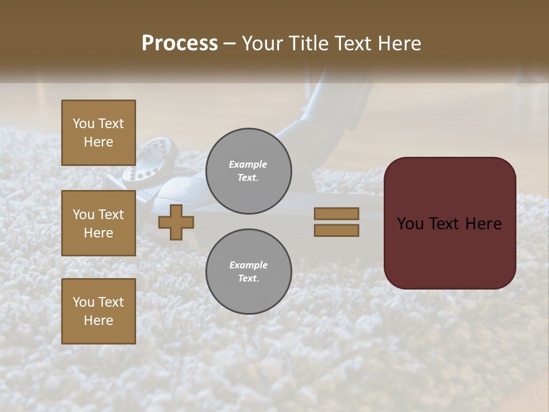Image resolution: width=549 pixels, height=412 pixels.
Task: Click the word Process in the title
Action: (x=180, y=43)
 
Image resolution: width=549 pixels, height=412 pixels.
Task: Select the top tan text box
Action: (x=98, y=133)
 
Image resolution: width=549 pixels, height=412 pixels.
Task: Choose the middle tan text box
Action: (x=98, y=223)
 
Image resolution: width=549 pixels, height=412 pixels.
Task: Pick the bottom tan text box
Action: (x=98, y=311)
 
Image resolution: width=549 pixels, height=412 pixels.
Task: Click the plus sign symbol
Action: (x=176, y=222)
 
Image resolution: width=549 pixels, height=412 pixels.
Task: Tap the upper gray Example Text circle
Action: (x=249, y=171)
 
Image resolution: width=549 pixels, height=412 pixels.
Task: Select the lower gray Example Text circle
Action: (x=249, y=272)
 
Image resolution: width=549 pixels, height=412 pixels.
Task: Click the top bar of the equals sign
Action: (x=336, y=213)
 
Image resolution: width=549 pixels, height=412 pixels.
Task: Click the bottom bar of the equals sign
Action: (x=336, y=231)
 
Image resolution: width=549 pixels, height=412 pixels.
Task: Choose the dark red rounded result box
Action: (x=450, y=223)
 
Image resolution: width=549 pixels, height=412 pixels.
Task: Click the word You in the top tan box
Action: (x=83, y=124)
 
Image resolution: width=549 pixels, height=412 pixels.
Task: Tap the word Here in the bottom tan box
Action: (x=98, y=320)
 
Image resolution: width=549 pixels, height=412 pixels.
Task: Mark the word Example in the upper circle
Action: (x=248, y=164)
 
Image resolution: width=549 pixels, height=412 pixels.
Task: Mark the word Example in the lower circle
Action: (x=248, y=265)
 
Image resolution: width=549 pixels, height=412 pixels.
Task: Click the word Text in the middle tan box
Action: (x=111, y=215)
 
